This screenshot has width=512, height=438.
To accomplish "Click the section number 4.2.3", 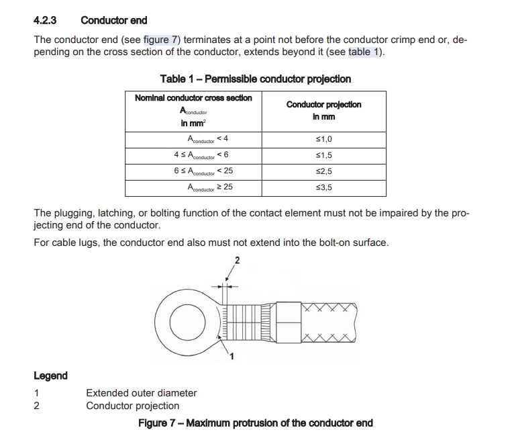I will [47, 20].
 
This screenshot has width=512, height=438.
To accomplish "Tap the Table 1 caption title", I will [255, 79].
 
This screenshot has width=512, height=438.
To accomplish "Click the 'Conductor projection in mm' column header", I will [323, 110].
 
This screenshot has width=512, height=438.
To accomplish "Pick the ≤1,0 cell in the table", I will [323, 139].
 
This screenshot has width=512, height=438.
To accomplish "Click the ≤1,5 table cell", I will [323, 155].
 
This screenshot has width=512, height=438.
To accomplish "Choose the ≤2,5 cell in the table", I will [323, 171].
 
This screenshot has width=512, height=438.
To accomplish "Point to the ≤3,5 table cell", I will [323, 188].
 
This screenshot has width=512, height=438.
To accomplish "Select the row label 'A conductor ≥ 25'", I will [210, 188].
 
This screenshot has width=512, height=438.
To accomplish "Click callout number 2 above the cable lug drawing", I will [236, 260].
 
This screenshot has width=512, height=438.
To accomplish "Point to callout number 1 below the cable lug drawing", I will [232, 356].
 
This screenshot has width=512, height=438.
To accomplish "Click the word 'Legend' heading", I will [50, 376].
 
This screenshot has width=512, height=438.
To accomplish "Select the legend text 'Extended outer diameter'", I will [142, 393].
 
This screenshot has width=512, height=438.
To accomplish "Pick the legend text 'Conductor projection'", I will [133, 406].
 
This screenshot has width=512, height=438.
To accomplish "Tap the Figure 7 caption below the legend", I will [255, 423].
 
